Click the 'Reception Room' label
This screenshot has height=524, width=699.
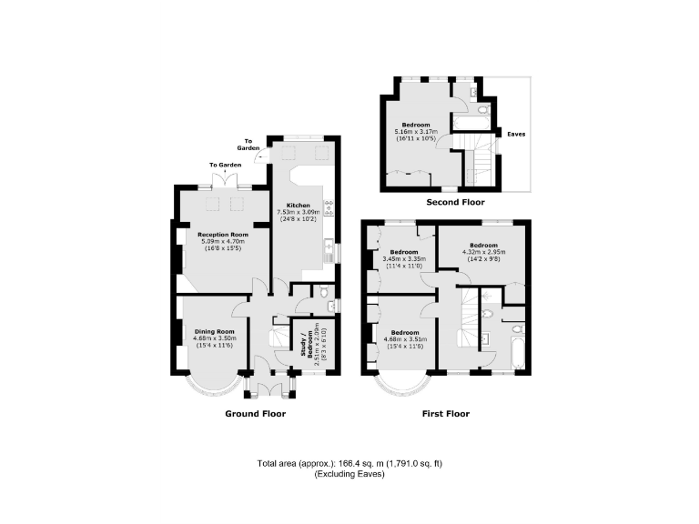click(x=223, y=234)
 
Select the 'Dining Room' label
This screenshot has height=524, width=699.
click(x=214, y=331)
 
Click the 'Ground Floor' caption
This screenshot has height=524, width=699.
click(x=256, y=414)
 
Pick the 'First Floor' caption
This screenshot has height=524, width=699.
click(x=446, y=414)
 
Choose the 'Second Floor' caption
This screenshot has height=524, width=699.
click(x=455, y=202)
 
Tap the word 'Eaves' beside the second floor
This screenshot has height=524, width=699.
click(x=516, y=134)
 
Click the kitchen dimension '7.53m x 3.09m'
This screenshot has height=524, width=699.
click(x=299, y=212)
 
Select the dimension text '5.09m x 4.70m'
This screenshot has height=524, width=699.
click(x=223, y=240)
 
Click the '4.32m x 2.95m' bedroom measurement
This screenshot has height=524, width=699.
click(x=483, y=252)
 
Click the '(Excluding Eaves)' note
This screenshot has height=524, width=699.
click(x=349, y=476)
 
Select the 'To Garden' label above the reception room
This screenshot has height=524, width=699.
click(x=225, y=166)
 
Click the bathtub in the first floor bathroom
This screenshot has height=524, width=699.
click(x=512, y=354)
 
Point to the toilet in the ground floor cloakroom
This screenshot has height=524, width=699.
click(x=316, y=292)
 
